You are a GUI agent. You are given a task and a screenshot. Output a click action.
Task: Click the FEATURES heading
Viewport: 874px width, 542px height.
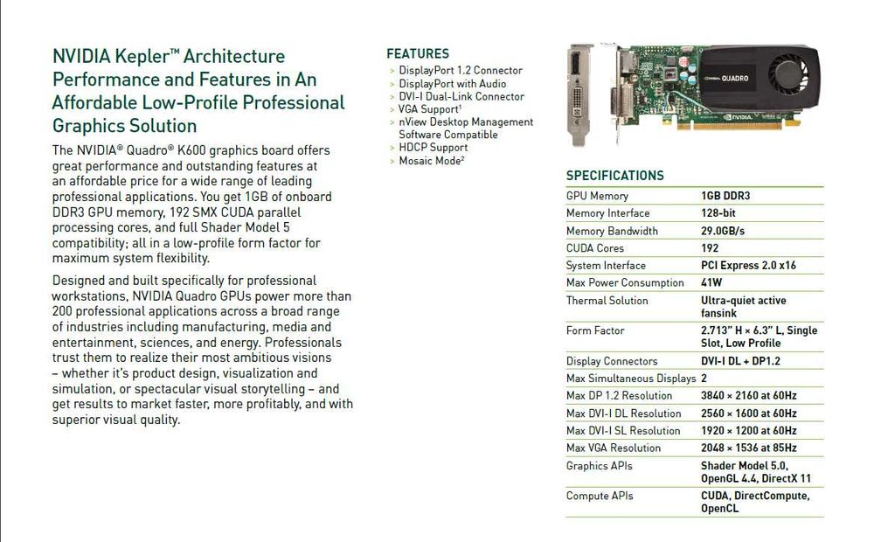click(x=418, y=53)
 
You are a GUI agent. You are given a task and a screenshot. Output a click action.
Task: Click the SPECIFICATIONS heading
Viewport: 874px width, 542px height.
click(x=614, y=176)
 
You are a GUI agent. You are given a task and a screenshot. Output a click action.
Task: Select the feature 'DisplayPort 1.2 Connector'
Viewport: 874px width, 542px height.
click(x=461, y=71)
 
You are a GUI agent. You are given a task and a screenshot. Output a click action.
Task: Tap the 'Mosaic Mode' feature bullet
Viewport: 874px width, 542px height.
click(x=432, y=161)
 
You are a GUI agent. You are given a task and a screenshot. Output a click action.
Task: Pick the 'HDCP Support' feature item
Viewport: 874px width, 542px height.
click(x=434, y=148)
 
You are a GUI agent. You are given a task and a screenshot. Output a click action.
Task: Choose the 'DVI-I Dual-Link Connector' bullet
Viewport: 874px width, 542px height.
click(x=461, y=97)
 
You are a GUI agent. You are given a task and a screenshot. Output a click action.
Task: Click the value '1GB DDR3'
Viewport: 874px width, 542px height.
click(x=725, y=196)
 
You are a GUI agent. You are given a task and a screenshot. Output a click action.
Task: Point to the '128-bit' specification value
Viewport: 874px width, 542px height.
click(x=719, y=213)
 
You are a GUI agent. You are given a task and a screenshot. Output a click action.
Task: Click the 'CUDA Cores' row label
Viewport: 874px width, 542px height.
click(x=595, y=248)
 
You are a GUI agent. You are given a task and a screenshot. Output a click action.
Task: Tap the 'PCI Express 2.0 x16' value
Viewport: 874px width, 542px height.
click(x=748, y=266)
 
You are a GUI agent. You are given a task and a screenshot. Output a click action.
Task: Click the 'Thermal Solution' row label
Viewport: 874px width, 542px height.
click(x=607, y=301)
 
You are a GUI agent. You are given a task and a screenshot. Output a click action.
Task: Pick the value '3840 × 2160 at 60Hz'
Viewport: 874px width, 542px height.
click(x=748, y=396)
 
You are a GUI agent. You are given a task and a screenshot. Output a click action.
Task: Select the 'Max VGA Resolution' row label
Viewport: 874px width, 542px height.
click(x=614, y=448)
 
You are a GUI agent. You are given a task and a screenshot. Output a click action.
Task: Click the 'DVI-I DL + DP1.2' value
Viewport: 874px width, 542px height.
click(x=740, y=361)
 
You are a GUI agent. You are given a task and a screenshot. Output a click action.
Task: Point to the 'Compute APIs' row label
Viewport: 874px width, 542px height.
click(x=600, y=497)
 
